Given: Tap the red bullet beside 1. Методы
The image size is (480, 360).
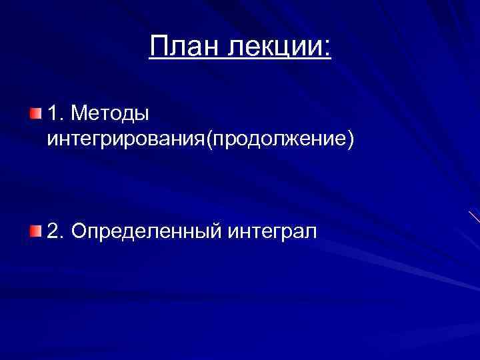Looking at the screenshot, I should pos(35,113).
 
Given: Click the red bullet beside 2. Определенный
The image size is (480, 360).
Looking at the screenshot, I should pos(35,231).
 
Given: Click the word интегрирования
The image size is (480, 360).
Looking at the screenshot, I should pos(126,141).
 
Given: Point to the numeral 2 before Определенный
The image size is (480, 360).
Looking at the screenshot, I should pos(53,232).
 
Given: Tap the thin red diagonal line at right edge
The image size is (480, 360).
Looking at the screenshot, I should pos(474,217).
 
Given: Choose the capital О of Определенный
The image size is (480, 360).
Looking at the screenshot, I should pos(79,232).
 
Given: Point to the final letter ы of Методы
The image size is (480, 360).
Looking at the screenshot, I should pos(142,115).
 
